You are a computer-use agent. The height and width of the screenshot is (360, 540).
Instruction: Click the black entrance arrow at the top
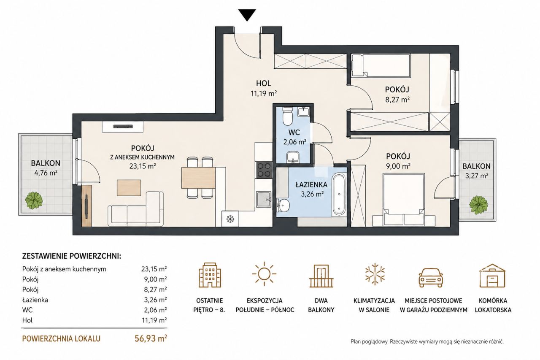[x=247, y=15]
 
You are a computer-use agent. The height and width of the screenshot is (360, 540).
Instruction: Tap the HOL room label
[x=264, y=84]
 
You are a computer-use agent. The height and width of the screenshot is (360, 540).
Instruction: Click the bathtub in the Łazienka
[x=339, y=195]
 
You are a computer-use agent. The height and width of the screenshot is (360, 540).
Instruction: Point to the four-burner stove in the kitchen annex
[x=264, y=170]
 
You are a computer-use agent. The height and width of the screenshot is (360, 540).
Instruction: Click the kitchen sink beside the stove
[x=264, y=199]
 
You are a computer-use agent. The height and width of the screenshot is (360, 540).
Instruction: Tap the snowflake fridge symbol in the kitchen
[x=230, y=219]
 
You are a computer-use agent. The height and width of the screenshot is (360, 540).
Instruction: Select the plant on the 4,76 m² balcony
[x=34, y=200]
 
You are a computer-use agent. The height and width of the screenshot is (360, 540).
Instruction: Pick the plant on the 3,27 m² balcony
[x=478, y=205]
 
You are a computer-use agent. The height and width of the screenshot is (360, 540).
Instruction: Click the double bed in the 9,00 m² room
[x=404, y=200]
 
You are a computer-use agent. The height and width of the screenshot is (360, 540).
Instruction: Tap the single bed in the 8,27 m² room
[x=381, y=66]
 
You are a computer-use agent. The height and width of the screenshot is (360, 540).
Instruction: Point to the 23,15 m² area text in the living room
[x=143, y=166]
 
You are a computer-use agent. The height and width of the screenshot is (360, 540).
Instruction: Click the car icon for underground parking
[x=431, y=277]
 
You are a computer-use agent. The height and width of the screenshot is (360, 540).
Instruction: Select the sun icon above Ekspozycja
[x=264, y=273]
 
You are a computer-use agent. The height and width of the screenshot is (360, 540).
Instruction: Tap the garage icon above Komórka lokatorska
[x=492, y=275]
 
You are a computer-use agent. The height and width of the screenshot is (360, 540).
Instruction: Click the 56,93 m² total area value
[x=151, y=338]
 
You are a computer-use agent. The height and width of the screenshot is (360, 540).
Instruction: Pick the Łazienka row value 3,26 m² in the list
[x=154, y=300]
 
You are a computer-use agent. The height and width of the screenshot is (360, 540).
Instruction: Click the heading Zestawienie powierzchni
[x=72, y=256]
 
